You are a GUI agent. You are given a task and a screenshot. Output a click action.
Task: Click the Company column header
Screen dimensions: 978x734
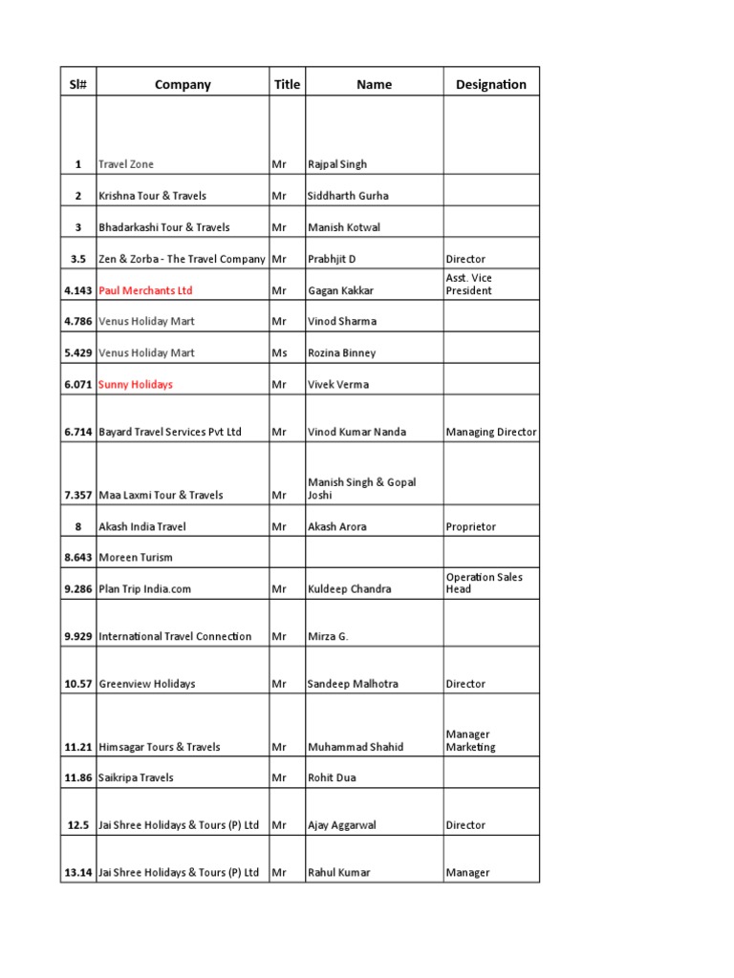pos(183,84)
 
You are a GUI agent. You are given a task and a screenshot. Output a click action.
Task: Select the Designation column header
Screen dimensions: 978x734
pos(490,84)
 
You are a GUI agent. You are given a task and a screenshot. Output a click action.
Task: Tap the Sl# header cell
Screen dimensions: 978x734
pos(77,84)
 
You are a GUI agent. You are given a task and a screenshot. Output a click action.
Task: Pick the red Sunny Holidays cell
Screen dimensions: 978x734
pos(136,384)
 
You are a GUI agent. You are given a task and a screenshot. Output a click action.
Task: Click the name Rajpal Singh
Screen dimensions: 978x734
pos(336,164)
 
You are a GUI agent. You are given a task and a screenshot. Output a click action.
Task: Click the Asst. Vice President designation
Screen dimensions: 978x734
pos(469,284)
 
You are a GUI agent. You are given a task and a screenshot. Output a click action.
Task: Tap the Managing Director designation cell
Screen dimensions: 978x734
pos(491,432)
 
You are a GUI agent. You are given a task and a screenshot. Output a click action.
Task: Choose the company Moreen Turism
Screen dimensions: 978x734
pos(136,557)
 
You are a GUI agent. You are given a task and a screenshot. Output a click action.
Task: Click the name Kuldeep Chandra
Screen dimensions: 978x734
pos(349,588)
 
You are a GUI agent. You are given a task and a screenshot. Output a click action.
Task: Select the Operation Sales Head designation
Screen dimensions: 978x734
pos(484,583)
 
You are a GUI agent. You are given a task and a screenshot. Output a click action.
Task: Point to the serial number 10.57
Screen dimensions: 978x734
pos(78,684)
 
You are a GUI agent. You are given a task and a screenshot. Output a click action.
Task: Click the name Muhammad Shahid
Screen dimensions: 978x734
pos(356,747)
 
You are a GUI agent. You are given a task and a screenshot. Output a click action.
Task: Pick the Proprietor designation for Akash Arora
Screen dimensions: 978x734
pos(471,526)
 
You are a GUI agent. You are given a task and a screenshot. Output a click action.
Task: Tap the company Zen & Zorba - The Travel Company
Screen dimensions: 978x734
pos(182,259)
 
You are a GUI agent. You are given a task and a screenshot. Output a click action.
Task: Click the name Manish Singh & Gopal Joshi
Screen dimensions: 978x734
pos(361,488)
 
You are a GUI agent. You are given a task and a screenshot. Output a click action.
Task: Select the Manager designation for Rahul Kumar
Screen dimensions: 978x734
pos(467,872)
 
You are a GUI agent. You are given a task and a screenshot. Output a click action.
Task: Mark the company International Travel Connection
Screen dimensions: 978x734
pos(175,636)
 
